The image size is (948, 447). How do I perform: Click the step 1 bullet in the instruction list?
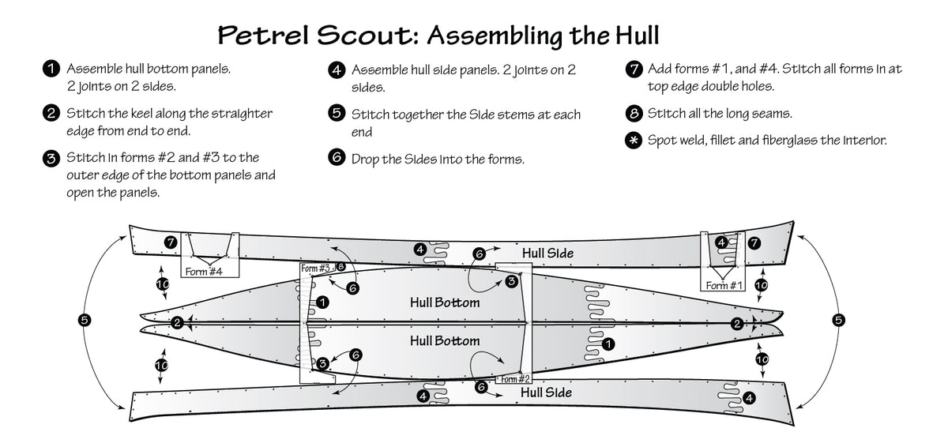click(x=50, y=69)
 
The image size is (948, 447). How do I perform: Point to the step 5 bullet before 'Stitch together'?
click(x=337, y=115)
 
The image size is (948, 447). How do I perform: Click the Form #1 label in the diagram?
click(x=723, y=285)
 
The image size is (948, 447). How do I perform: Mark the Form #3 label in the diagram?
click(x=316, y=269)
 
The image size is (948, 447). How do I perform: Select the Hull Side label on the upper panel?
click(x=547, y=254)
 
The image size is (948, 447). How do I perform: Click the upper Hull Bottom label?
click(x=445, y=302)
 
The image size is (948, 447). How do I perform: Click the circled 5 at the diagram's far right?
click(x=838, y=320)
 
